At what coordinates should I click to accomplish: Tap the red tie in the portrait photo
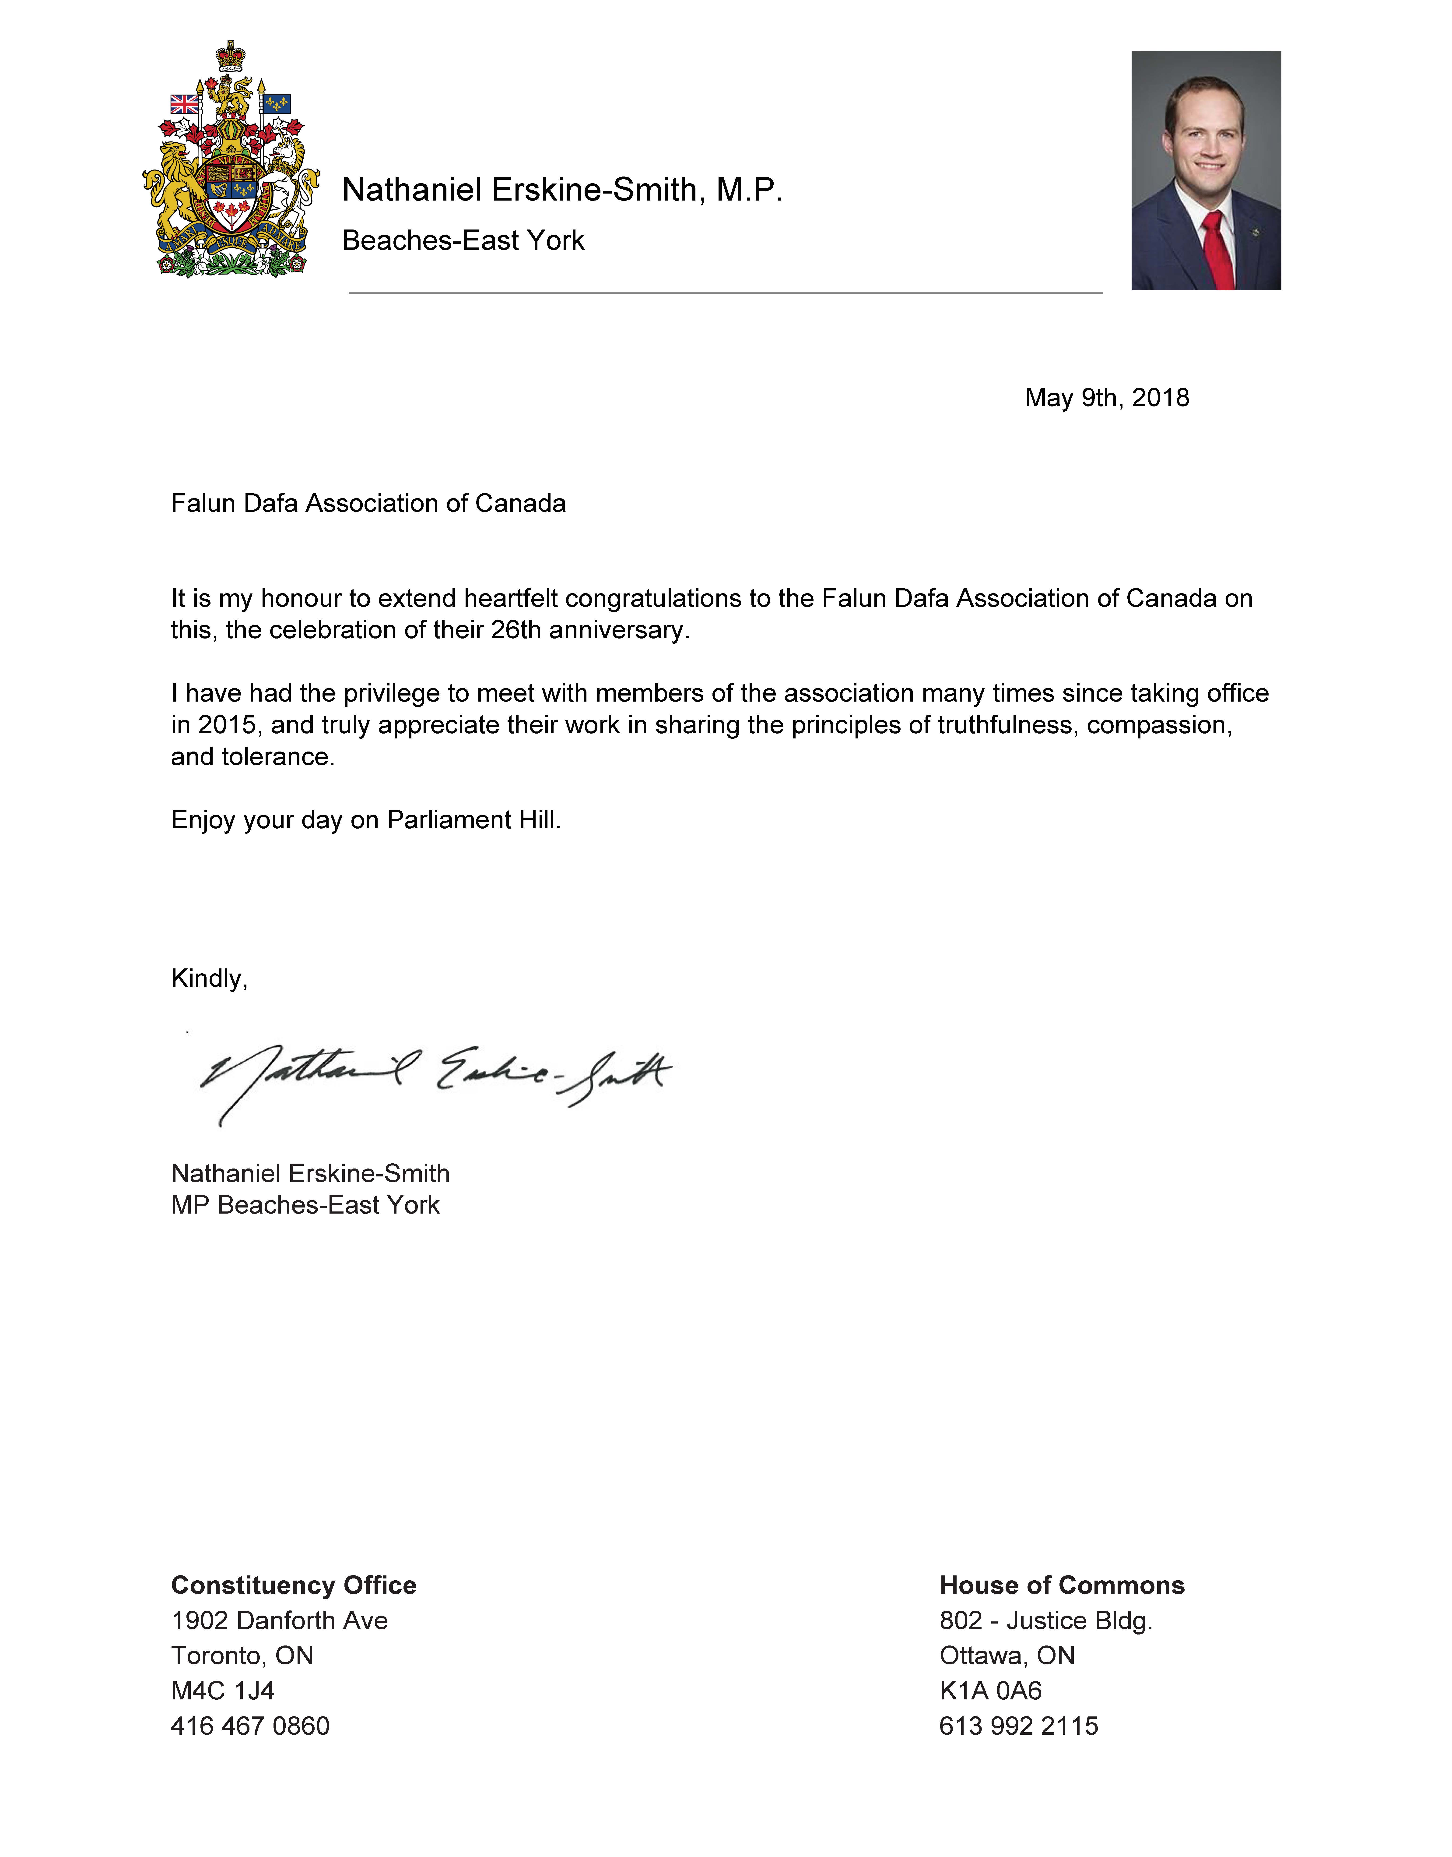point(1217,251)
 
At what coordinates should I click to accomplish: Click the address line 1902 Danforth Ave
point(280,1621)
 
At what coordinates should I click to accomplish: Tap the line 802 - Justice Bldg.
point(1046,1621)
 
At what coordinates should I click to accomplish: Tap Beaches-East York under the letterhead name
point(463,241)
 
